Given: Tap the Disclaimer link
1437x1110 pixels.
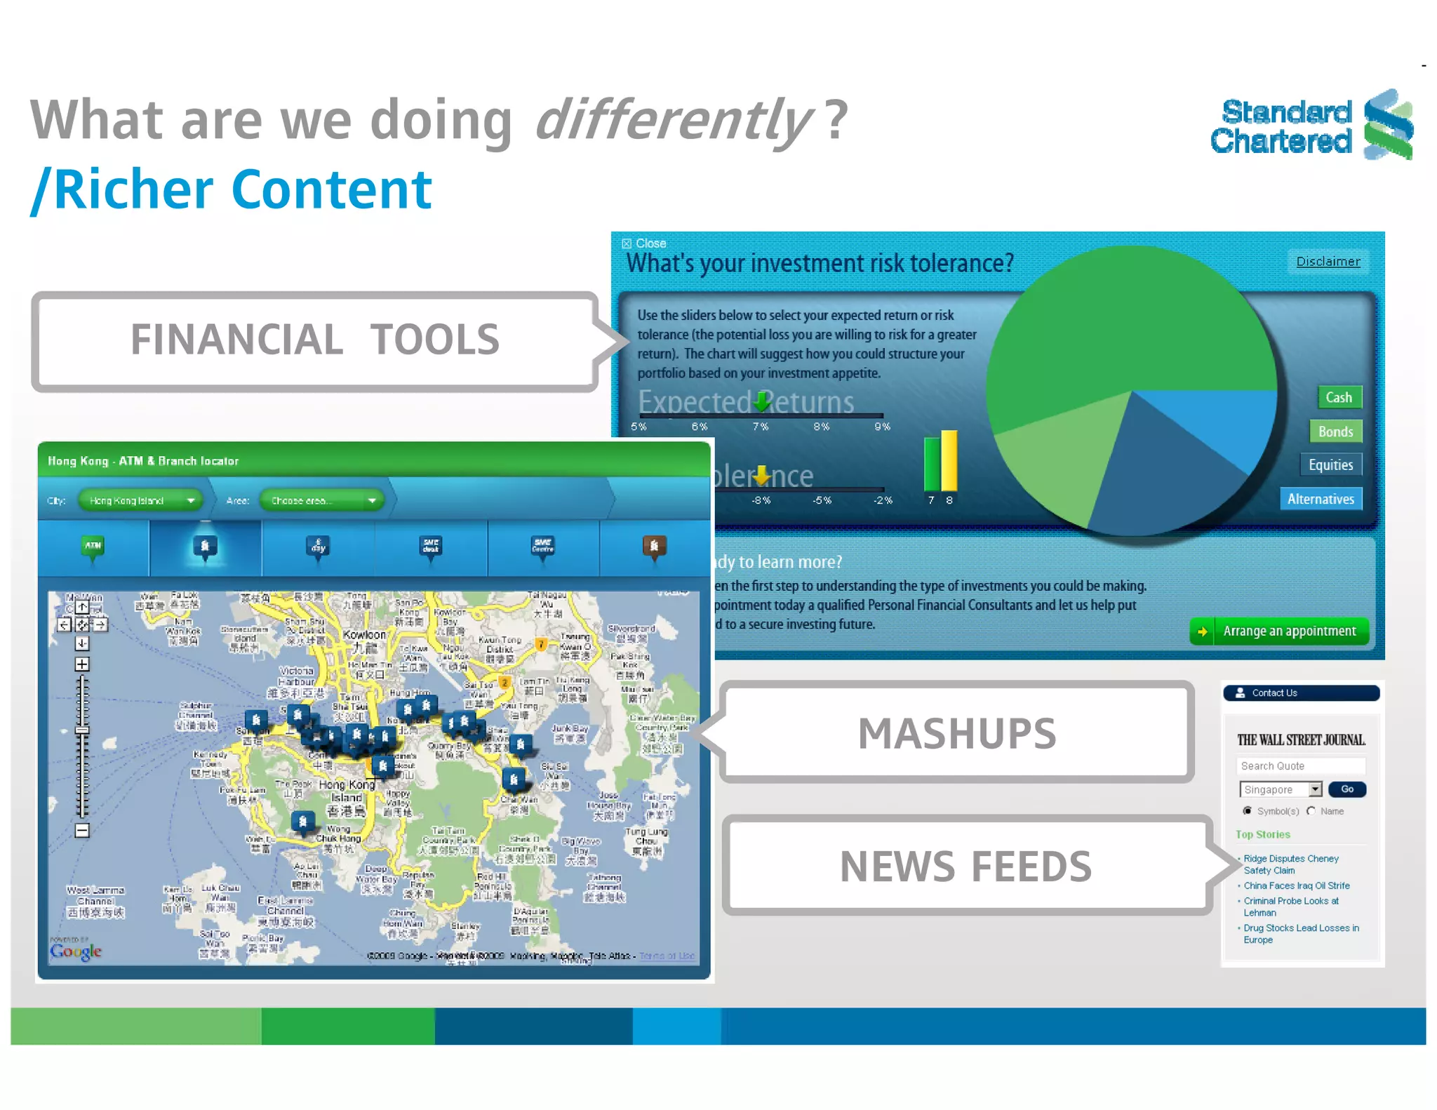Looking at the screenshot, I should (1328, 262).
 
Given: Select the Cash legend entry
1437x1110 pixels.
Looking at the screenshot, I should (1339, 397).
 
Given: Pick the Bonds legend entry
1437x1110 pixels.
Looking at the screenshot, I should (1335, 431).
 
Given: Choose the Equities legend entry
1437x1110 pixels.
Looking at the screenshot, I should (1330, 464).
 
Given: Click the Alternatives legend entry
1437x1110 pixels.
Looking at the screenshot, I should (1320, 499).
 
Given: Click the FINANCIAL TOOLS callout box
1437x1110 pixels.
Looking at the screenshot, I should (315, 341).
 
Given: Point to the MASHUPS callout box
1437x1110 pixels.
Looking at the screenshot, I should (956, 733).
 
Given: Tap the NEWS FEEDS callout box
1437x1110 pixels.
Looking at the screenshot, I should (965, 867).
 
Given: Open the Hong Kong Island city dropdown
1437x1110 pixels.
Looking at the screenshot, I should (140, 500).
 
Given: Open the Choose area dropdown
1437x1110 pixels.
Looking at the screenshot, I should (322, 500).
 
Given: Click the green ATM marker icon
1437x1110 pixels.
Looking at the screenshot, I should (93, 547).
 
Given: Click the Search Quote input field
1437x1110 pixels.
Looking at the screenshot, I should (1300, 765).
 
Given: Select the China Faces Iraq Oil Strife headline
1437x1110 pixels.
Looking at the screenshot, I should (1296, 885).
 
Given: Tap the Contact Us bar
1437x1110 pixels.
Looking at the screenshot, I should (1300, 693).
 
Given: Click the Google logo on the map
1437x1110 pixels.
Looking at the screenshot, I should (76, 951).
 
